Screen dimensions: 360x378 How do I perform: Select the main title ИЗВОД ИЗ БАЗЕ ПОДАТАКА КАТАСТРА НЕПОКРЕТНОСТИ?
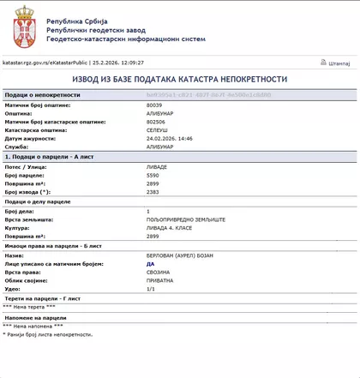[179, 79]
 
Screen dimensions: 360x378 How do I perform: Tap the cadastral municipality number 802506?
[156, 122]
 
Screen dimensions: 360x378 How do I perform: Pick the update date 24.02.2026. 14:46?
[170, 139]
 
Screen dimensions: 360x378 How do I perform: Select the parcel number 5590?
[153, 175]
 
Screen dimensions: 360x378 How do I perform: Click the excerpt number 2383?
[153, 192]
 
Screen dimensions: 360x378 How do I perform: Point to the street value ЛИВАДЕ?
[158, 166]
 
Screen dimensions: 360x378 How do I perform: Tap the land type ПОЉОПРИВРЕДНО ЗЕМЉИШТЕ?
[186, 219]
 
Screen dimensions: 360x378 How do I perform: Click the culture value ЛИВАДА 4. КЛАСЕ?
[167, 228]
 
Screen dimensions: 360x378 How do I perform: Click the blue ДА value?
[151, 264]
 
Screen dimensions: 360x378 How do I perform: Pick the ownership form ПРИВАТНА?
[160, 281]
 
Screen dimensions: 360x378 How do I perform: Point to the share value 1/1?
[151, 290]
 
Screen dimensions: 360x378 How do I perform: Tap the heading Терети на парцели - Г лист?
[43, 298]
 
